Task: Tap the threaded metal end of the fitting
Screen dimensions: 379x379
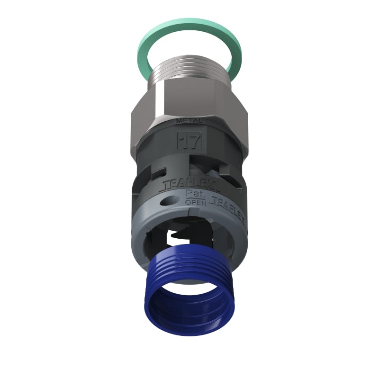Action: click(189, 71)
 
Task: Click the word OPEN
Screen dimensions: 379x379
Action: click(194, 203)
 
